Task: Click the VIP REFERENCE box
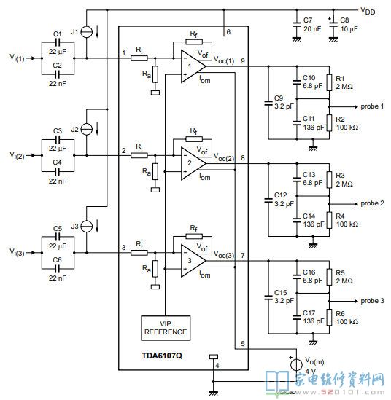click(x=166, y=328)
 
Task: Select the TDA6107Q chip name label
click(x=162, y=356)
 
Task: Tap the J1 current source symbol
click(x=87, y=32)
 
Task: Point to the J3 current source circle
click(x=87, y=227)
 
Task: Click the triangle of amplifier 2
click(x=193, y=163)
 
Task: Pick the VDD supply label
click(x=368, y=11)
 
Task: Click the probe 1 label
click(x=372, y=106)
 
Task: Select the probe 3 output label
click(x=372, y=301)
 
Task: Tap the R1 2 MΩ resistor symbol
click(x=329, y=82)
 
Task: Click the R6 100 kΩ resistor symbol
click(x=329, y=318)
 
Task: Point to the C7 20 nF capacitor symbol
click(x=297, y=24)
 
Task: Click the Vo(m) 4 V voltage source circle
click(x=296, y=364)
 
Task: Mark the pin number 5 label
click(x=243, y=344)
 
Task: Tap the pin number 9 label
click(x=243, y=61)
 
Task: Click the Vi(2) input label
click(x=17, y=155)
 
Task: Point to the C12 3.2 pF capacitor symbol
click(x=268, y=200)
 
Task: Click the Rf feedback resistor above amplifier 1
click(x=194, y=42)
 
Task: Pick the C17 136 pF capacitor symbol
click(x=297, y=318)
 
